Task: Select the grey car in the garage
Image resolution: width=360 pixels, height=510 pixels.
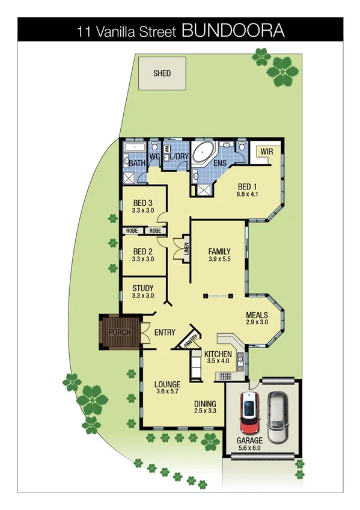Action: [x=277, y=416]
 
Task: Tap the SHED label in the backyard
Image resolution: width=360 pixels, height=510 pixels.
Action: [x=162, y=74]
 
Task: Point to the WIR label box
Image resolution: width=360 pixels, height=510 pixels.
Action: [x=267, y=152]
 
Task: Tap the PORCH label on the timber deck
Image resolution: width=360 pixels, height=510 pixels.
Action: [x=119, y=332]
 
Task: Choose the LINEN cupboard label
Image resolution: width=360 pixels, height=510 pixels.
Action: [x=187, y=248]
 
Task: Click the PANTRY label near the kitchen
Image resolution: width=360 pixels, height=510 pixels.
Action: [x=191, y=341]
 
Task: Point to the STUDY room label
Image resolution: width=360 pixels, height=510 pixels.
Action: [x=142, y=288]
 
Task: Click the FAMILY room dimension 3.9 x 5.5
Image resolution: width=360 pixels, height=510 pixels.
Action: [x=219, y=259]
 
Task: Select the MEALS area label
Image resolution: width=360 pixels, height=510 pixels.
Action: [x=257, y=315]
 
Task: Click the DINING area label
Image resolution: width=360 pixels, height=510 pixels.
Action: [x=205, y=404]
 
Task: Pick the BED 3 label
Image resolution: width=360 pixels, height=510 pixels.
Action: [x=142, y=202]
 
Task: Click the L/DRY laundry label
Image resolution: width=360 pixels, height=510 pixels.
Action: [x=178, y=157]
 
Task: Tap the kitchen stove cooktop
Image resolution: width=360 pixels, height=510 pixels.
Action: [x=225, y=376]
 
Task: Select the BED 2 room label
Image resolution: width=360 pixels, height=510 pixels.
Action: [x=142, y=251]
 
